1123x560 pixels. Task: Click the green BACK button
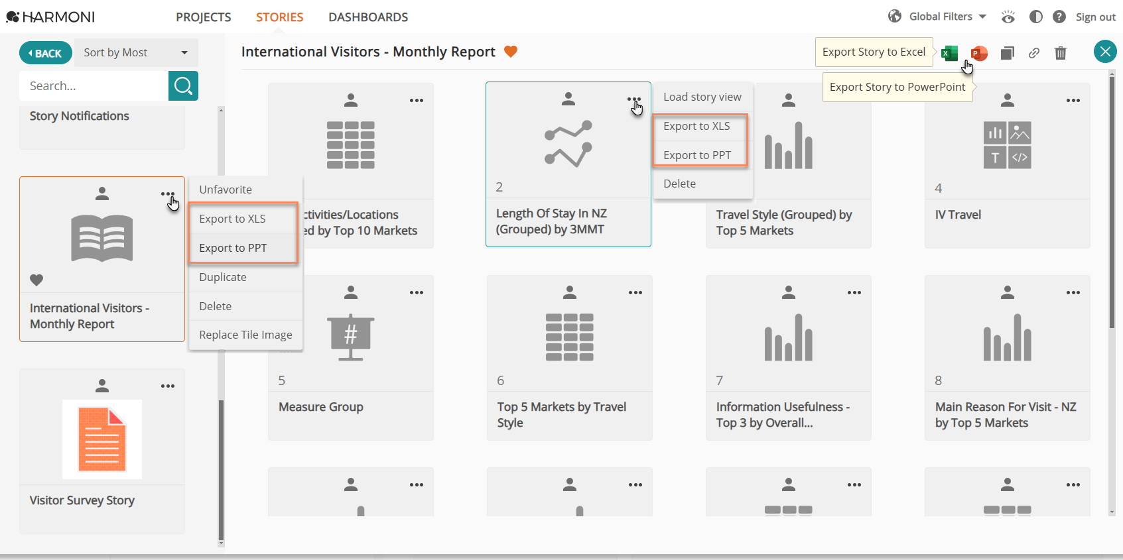(46, 52)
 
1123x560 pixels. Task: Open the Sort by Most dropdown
(136, 52)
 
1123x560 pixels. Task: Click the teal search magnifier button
(183, 85)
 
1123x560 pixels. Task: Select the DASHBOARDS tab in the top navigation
(368, 17)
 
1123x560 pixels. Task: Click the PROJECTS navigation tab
(203, 17)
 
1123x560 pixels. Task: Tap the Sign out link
(1095, 17)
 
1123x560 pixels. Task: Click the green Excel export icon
(949, 52)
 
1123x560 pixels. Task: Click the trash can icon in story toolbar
(1061, 52)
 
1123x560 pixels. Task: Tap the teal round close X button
(1105, 52)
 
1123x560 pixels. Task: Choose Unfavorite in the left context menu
(226, 190)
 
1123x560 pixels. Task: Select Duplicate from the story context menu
(223, 277)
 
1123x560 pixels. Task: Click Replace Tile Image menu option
(245, 335)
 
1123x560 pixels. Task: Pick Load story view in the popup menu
(702, 97)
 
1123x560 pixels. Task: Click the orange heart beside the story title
(510, 52)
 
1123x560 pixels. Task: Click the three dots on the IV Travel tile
(1073, 100)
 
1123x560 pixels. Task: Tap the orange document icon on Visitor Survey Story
(101, 439)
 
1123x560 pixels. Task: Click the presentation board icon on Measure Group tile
(350, 337)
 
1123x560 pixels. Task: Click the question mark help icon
(1059, 17)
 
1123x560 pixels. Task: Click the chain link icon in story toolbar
(1033, 53)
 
